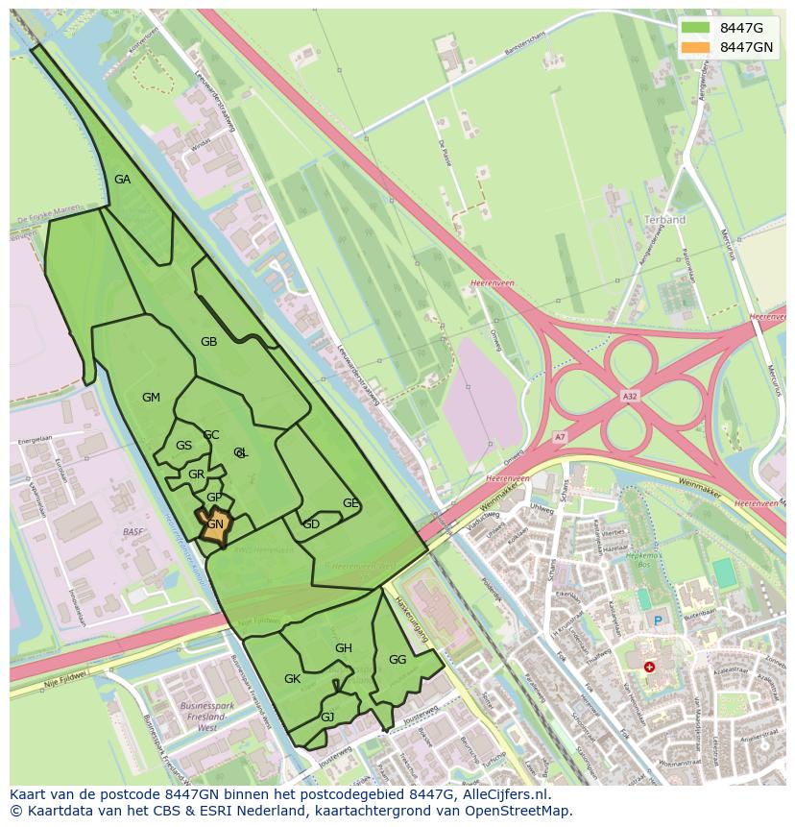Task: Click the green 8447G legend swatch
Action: [695, 27]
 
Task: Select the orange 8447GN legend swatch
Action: [695, 47]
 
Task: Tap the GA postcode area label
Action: [122, 180]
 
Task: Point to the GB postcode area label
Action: [208, 342]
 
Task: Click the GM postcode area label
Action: [151, 398]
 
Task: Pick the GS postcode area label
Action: [183, 446]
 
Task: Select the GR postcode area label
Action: [196, 474]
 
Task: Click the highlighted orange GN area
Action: [215, 524]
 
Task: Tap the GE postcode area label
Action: [350, 503]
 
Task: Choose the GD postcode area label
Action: [311, 524]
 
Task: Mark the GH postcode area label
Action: [344, 648]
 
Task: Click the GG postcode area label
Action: [397, 660]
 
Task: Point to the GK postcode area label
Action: [293, 679]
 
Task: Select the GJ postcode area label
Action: [327, 718]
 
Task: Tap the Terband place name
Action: [665, 220]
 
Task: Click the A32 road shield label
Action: [630, 396]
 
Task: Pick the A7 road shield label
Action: [560, 438]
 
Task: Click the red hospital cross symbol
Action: [650, 667]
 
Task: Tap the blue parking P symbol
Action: [658, 621]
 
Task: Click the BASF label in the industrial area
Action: [133, 531]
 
